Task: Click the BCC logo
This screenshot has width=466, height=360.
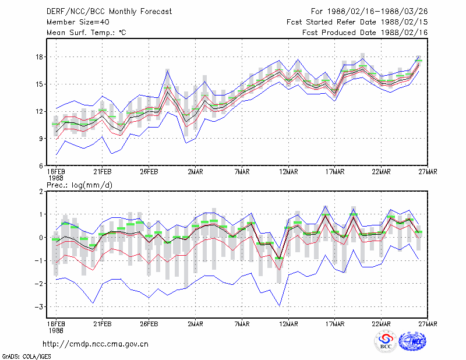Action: [x=386, y=341]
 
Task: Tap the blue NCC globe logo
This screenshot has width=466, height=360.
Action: [x=412, y=341]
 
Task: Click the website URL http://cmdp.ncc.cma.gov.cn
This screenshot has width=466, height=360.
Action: [x=96, y=344]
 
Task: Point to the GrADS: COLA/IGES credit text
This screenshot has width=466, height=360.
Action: [x=26, y=357]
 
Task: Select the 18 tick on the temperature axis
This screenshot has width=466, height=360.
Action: [x=40, y=57]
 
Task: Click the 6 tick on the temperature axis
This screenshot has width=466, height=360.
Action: [x=41, y=166]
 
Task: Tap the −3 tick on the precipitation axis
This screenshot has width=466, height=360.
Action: [x=38, y=307]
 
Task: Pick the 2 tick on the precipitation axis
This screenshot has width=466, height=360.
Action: [x=41, y=192]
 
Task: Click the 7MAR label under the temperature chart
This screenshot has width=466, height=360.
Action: [x=242, y=172]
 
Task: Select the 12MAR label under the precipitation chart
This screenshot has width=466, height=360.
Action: [x=288, y=324]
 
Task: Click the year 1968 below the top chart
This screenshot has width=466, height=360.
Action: [x=56, y=178]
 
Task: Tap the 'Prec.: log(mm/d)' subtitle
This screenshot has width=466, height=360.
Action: [x=79, y=185]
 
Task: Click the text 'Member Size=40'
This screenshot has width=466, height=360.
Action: [x=78, y=22]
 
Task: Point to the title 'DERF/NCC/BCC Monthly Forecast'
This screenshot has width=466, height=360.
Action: [x=109, y=12]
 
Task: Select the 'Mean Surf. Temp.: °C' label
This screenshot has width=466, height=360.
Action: [x=86, y=33]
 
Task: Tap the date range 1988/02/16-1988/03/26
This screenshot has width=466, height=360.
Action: [x=377, y=12]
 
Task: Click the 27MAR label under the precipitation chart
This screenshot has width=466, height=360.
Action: [x=428, y=324]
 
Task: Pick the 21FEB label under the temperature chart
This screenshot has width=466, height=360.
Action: [x=103, y=172]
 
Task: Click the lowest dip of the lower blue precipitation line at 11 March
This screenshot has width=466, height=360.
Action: [x=279, y=306]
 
